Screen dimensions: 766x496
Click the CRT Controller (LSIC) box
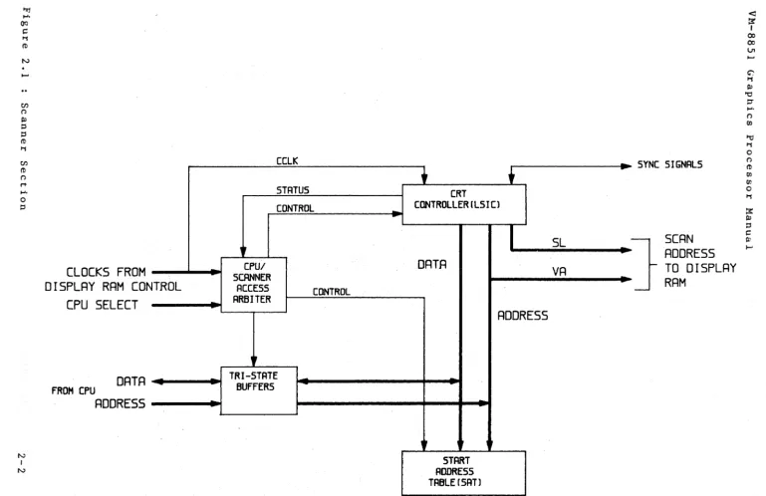click(x=464, y=204)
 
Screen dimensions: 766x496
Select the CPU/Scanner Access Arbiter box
click(x=254, y=285)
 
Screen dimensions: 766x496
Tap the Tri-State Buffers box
click(x=258, y=390)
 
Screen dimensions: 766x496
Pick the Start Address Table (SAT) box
click(x=463, y=472)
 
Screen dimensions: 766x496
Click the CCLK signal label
click(x=287, y=160)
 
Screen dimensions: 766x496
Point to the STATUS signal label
click(x=293, y=190)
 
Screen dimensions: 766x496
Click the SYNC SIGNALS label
click(x=669, y=164)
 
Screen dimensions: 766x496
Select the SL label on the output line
click(x=559, y=242)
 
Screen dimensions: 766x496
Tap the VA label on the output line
click(x=559, y=271)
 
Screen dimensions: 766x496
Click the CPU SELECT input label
click(x=103, y=305)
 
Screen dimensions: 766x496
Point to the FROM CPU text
click(x=74, y=390)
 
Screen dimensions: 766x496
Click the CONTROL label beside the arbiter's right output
click(x=332, y=292)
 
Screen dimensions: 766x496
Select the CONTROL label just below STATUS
click(x=295, y=209)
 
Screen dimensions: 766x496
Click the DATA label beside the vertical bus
click(x=432, y=264)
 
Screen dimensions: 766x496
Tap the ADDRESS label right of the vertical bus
click(x=523, y=316)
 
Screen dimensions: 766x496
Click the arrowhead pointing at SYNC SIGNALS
click(x=627, y=166)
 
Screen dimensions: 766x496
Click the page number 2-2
click(x=22, y=463)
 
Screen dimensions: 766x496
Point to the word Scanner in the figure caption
click(x=24, y=127)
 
